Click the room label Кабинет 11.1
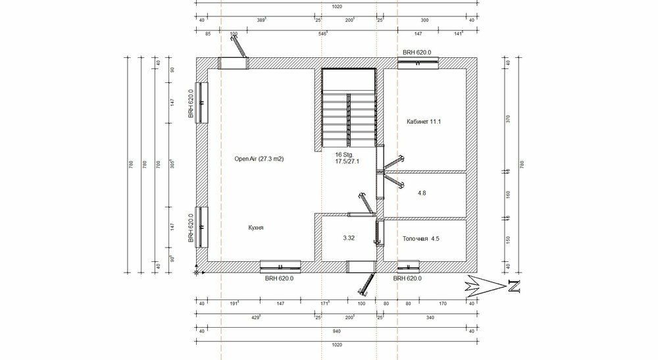click(x=424, y=122)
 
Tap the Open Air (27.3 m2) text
click(x=263, y=159)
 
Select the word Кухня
click(x=256, y=227)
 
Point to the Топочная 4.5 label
click(x=421, y=239)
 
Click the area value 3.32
click(x=349, y=238)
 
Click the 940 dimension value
click(x=336, y=331)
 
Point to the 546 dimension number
click(x=323, y=32)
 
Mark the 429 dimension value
click(x=257, y=317)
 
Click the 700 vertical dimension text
click(x=157, y=163)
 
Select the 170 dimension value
click(x=442, y=303)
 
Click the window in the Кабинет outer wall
click(x=418, y=63)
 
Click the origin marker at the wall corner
click(x=197, y=270)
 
